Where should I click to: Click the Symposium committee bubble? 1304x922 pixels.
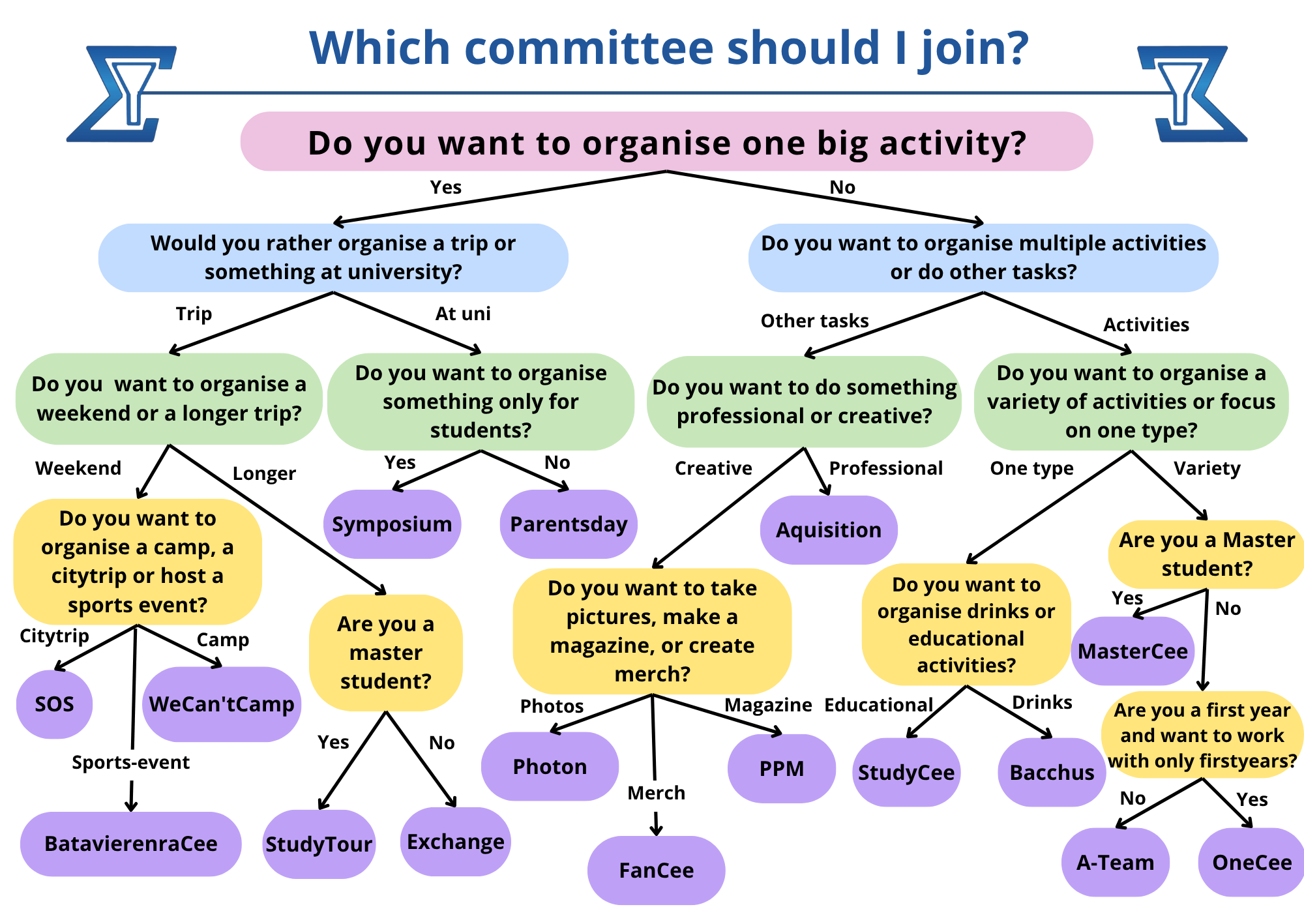[392, 524]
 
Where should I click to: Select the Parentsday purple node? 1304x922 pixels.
[569, 524]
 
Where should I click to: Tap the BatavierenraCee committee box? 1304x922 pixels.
[130, 844]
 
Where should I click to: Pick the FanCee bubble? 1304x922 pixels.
[656, 870]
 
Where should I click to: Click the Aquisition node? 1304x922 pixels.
[828, 530]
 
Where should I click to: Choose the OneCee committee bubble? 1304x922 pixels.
[1251, 863]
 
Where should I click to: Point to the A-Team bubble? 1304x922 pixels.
[1115, 863]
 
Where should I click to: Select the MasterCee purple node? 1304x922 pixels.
[1133, 651]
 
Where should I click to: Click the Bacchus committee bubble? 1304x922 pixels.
[1051, 773]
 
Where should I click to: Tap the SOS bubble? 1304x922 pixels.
[54, 704]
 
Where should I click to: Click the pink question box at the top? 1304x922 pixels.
[666, 142]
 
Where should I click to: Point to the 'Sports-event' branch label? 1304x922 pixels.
[130, 762]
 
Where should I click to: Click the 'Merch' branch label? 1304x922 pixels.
[656, 793]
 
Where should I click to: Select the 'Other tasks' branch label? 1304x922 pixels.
[814, 321]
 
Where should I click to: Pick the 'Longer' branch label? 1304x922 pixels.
[264, 473]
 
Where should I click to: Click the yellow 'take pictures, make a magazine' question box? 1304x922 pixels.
[652, 631]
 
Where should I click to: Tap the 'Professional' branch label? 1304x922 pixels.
[885, 468]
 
